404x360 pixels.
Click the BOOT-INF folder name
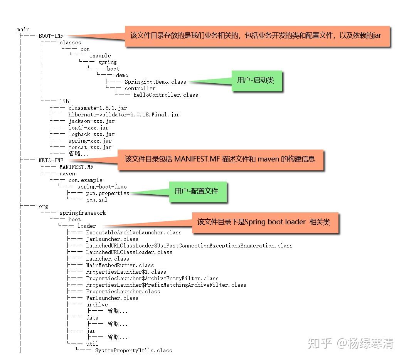click(x=51, y=36)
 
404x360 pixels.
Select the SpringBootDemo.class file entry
click(x=155, y=82)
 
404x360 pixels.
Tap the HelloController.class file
click(x=166, y=95)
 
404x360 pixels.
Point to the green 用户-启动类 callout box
click(x=257, y=81)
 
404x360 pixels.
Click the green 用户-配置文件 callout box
click(x=198, y=191)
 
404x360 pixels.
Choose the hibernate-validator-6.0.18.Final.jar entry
click(x=124, y=114)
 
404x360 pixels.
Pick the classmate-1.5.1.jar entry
click(x=98, y=108)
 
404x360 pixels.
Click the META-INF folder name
click(x=51, y=160)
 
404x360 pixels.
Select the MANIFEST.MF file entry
click(x=76, y=167)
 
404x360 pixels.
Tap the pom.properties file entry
click(x=108, y=193)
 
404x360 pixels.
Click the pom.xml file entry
click(x=97, y=200)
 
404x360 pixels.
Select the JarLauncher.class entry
click(x=112, y=239)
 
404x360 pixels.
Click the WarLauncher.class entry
click(x=112, y=298)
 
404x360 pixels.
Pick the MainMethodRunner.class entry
click(x=120, y=265)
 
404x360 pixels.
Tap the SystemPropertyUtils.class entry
click(x=133, y=350)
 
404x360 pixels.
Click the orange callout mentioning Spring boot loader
click(x=265, y=222)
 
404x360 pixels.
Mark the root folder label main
click(x=24, y=29)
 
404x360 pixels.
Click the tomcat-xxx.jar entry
click(x=90, y=147)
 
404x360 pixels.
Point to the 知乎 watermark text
click(x=320, y=343)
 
